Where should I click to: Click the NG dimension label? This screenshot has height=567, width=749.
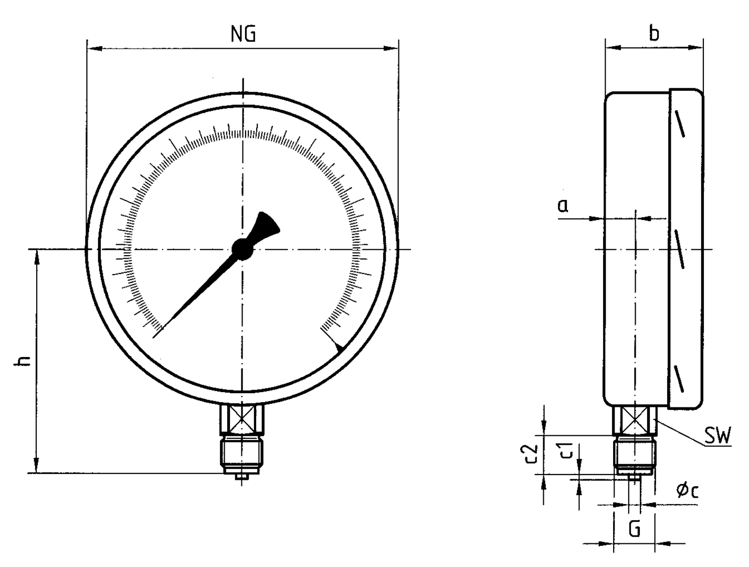(243, 34)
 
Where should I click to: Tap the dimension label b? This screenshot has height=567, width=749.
(653, 33)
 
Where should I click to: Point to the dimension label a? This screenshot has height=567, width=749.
(563, 205)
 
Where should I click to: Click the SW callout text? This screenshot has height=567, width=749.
(717, 436)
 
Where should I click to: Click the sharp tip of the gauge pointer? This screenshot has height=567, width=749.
(159, 331)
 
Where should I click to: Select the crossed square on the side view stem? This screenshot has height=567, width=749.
(635, 421)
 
